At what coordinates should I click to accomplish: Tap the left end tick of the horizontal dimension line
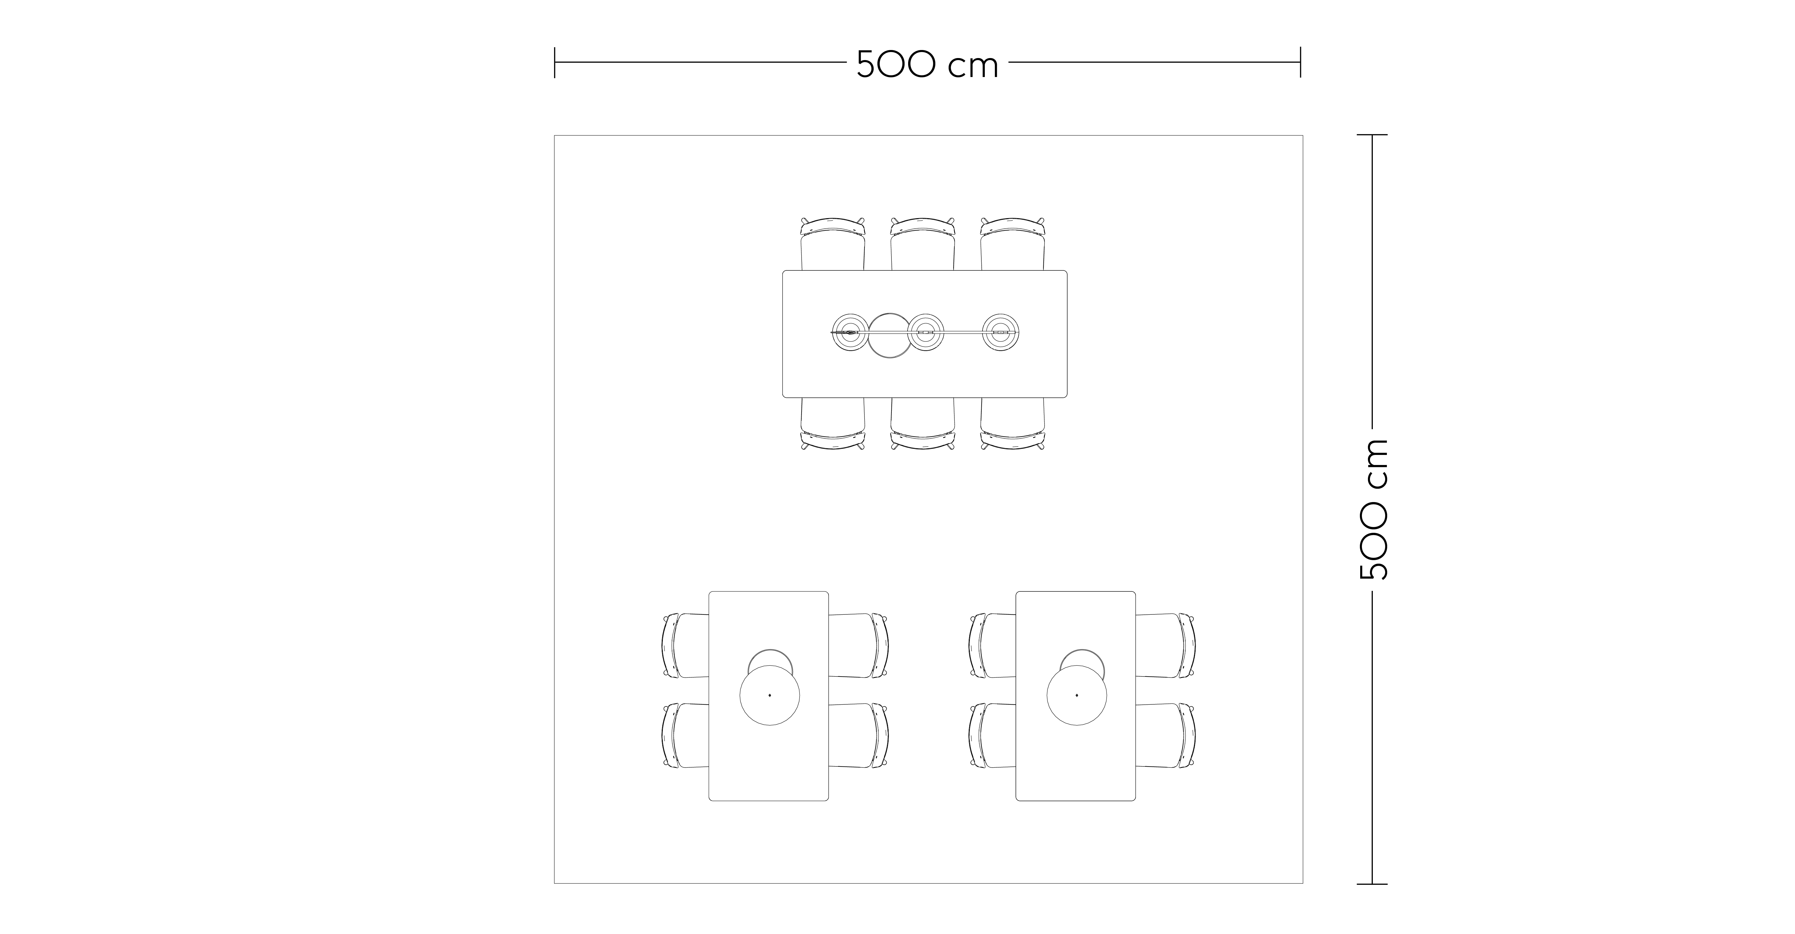(555, 62)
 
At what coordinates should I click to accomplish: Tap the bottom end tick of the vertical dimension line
(1372, 884)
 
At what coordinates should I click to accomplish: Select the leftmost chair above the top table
(833, 244)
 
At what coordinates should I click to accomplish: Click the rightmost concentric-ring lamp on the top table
(1001, 333)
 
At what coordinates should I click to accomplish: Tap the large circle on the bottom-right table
(1077, 695)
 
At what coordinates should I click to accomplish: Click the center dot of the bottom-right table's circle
(1077, 695)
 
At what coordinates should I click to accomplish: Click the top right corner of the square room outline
(1302, 136)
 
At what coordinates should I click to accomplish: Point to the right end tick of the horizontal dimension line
(1300, 62)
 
